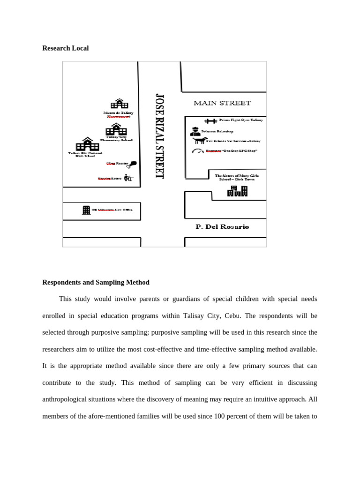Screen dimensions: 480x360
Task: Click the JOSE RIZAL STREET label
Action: click(x=160, y=136)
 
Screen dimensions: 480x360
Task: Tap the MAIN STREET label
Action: click(x=222, y=103)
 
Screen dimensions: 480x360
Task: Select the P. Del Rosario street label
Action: click(x=222, y=227)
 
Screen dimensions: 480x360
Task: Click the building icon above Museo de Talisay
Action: click(x=119, y=104)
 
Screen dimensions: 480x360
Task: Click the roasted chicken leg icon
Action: click(x=133, y=164)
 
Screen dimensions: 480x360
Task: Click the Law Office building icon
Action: click(x=86, y=210)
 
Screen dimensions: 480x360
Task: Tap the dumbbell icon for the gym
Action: click(x=210, y=120)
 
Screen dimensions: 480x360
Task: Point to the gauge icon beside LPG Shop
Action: click(x=198, y=151)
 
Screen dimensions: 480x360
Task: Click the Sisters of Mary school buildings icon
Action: click(x=237, y=191)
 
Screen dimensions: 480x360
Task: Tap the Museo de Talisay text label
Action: click(x=118, y=113)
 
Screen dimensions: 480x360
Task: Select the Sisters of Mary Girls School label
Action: click(x=237, y=177)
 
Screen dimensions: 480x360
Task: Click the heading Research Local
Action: click(x=65, y=48)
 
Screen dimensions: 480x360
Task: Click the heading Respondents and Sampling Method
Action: click(x=96, y=282)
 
